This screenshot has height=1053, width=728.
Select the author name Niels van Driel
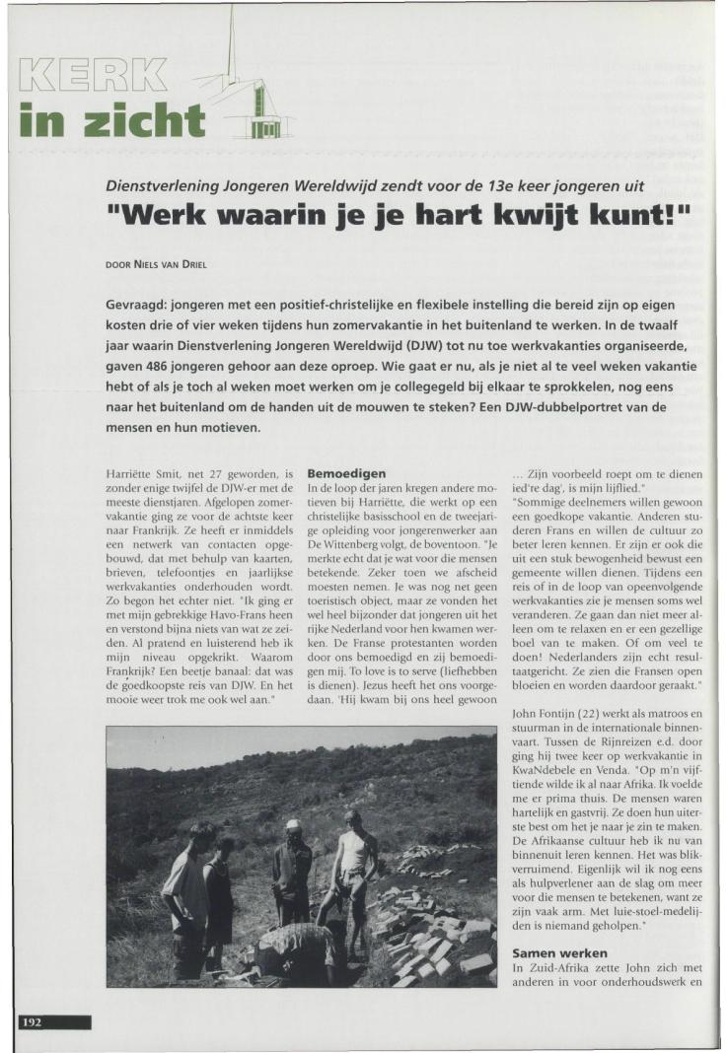click(172, 264)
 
